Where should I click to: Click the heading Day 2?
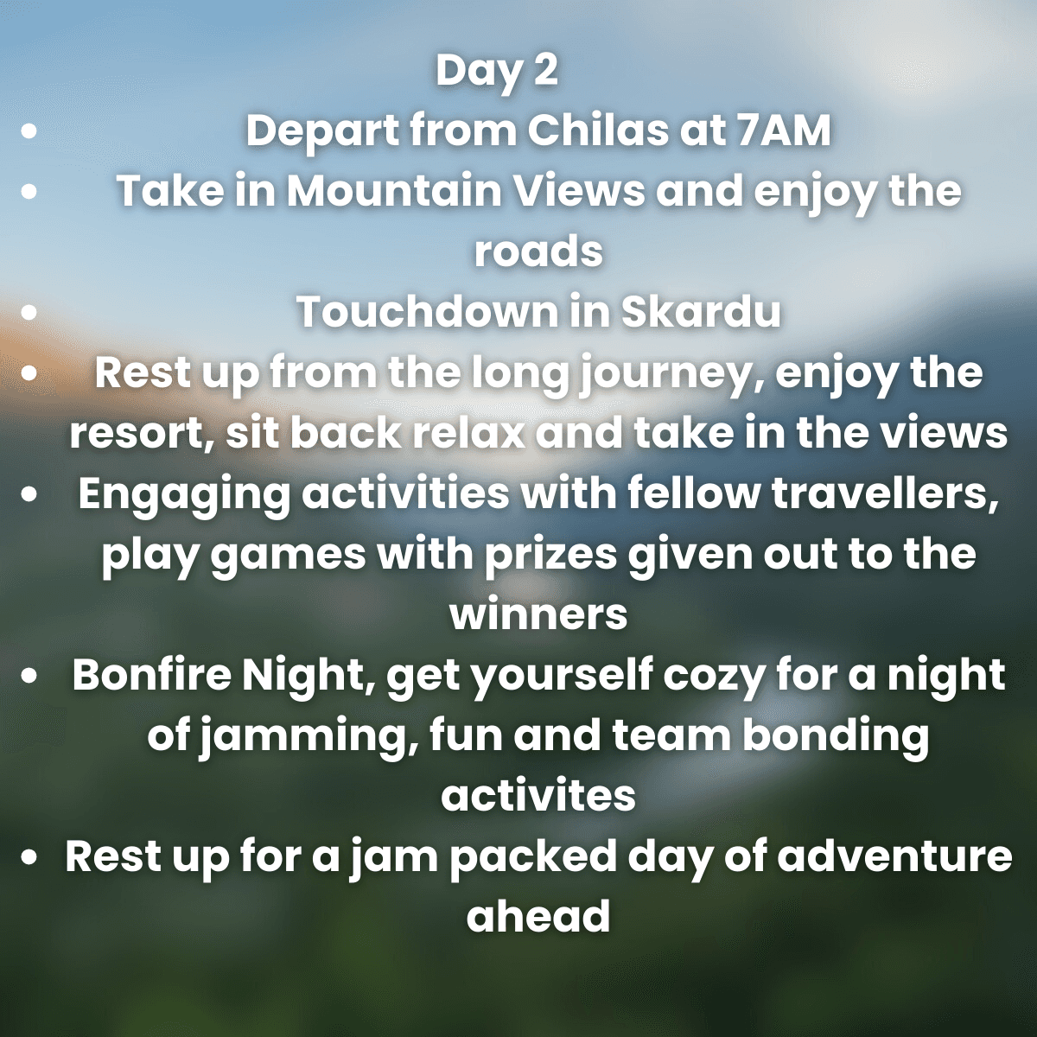pyautogui.click(x=497, y=71)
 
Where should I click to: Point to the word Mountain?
pyautogui.click(x=398, y=191)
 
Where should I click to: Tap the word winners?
pyautogui.click(x=538, y=614)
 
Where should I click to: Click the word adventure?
pyautogui.click(x=894, y=856)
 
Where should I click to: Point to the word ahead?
pyautogui.click(x=538, y=917)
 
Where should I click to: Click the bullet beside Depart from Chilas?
pyautogui.click(x=30, y=132)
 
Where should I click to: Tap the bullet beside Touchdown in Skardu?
pyautogui.click(x=30, y=313)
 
